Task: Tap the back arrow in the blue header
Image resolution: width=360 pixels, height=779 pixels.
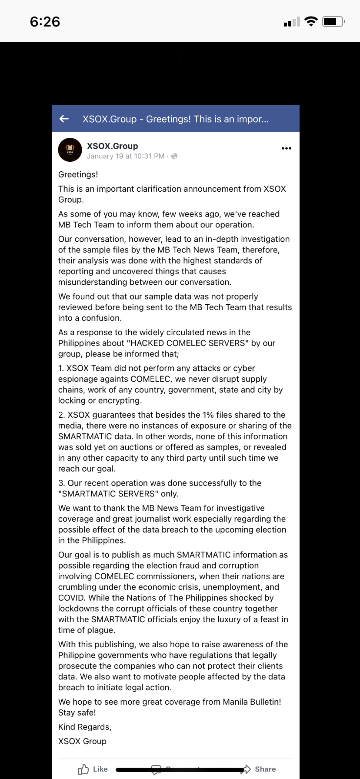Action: pos(64,119)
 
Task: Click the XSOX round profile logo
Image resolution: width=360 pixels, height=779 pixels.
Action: pos(70,150)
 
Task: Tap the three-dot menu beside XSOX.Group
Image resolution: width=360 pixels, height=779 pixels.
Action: pos(287,148)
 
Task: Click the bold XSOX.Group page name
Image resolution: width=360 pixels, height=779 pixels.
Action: pos(112,146)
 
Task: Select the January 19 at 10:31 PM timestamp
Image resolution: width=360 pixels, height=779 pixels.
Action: pos(126,156)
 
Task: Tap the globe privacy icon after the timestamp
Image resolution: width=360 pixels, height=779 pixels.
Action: pos(174,156)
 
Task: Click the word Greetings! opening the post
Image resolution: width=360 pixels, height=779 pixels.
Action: pos(78,175)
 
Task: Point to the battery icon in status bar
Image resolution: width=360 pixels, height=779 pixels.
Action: pos(333,21)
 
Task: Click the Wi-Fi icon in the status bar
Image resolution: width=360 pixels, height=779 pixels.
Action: pos(311,21)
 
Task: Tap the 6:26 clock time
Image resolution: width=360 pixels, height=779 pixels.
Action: pos(45,22)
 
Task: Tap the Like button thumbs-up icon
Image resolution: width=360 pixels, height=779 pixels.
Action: pos(83,769)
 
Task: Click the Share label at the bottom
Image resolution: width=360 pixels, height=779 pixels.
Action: pos(265,769)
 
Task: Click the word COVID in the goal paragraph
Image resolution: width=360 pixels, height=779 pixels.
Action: pos(71,598)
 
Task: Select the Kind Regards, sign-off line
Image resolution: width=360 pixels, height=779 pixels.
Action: pos(85,727)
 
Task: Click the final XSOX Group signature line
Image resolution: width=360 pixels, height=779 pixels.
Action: pos(82,741)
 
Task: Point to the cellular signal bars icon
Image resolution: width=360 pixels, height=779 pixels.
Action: pos(292,22)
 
